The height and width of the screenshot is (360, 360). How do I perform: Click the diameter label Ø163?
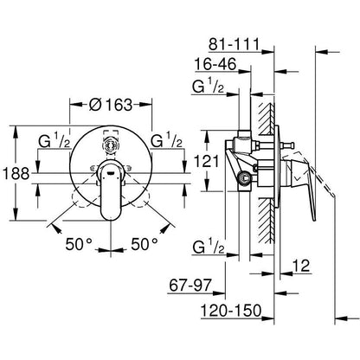111,105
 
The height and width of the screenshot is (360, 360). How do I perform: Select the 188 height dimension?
16,174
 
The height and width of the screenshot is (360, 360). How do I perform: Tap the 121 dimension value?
206,161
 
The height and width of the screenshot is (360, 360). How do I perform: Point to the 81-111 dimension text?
234,44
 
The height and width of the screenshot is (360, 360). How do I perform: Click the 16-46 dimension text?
215,64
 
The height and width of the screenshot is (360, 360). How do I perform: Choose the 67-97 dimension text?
190,286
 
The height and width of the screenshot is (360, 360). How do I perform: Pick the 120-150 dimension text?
231,311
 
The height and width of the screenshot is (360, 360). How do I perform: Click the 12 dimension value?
301,266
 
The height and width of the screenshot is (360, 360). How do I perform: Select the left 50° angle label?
79,245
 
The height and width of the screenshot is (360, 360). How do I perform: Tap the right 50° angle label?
145,244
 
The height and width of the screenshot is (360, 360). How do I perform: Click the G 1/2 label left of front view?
55,141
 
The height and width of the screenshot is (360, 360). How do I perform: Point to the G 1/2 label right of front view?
166,141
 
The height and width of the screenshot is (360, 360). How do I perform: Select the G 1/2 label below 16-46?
209,87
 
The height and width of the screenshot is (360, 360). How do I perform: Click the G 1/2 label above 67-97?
209,247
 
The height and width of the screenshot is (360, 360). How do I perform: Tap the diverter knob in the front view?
111,145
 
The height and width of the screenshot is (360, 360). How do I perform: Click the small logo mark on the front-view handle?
111,173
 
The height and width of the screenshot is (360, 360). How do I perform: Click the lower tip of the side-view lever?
314,221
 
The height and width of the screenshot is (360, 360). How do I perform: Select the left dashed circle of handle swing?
81,197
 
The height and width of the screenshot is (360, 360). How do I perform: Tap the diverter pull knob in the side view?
291,145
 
